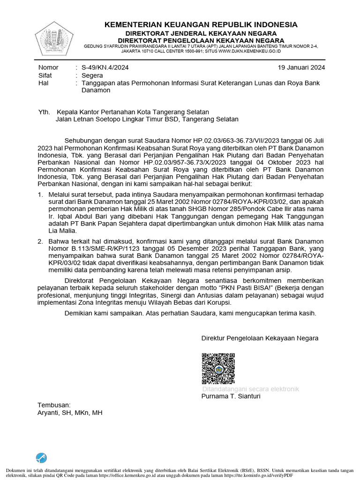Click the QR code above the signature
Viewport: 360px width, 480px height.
(x=218, y=369)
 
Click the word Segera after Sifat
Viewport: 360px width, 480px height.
(x=94, y=75)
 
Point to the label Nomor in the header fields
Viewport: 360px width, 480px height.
(x=48, y=67)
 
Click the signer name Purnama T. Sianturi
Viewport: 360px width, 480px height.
(x=231, y=396)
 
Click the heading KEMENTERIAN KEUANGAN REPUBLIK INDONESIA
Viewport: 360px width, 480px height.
(x=201, y=24)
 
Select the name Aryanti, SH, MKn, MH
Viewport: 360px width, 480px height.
(x=69, y=413)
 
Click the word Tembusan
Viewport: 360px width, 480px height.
(x=54, y=405)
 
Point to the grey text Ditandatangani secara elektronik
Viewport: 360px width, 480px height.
(x=250, y=389)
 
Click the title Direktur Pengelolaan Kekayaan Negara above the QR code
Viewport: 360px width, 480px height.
(x=260, y=338)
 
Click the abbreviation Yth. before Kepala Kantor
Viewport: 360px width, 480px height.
(x=44, y=112)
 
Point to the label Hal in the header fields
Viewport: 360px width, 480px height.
(x=43, y=83)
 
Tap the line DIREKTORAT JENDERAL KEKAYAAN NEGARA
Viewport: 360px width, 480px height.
(x=201, y=33)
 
